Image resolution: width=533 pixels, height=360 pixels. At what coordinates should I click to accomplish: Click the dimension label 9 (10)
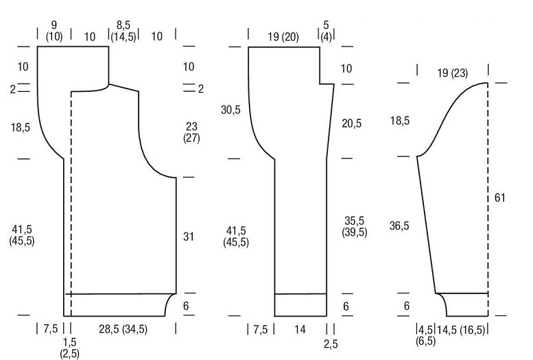click(54, 31)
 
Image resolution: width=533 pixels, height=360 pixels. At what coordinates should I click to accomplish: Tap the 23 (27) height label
click(191, 132)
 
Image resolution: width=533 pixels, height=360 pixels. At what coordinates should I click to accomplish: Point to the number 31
click(189, 237)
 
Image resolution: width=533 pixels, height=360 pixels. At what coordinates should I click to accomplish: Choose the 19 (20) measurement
click(283, 36)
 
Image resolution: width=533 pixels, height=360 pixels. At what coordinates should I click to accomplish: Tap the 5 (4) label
click(326, 31)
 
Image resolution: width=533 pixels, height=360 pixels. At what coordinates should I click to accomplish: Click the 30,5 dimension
click(230, 110)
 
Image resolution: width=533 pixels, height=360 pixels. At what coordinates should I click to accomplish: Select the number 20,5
click(351, 123)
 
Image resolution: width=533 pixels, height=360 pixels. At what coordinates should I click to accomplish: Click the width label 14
click(300, 329)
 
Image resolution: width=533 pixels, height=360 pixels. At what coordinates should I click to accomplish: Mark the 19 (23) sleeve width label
click(453, 73)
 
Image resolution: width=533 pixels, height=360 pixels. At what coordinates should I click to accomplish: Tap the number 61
click(499, 197)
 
